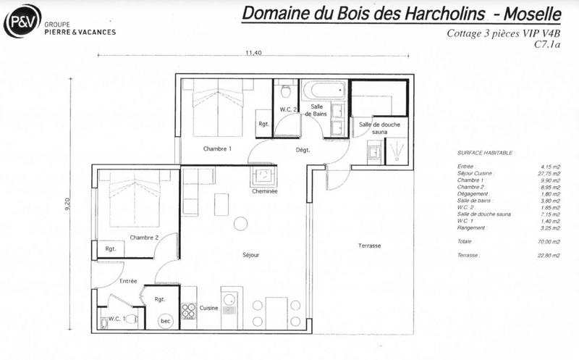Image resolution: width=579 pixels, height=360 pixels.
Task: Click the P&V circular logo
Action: (20, 21)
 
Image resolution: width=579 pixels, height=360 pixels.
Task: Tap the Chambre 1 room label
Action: (216, 149)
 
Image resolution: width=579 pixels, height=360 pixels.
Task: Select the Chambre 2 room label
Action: (144, 238)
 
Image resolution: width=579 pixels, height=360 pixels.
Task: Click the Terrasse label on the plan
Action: (369, 246)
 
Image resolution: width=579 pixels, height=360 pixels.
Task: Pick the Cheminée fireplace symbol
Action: (261, 176)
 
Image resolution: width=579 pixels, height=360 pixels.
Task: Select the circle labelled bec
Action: (165, 320)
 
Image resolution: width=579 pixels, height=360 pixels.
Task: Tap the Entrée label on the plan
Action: (128, 281)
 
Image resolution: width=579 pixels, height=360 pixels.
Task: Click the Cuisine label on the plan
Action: (208, 307)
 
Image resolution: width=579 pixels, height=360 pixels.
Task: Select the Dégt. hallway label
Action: (303, 150)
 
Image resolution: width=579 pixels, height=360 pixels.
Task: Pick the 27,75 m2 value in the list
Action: (551, 174)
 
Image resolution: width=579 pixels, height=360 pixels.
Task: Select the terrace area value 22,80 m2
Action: (551, 256)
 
